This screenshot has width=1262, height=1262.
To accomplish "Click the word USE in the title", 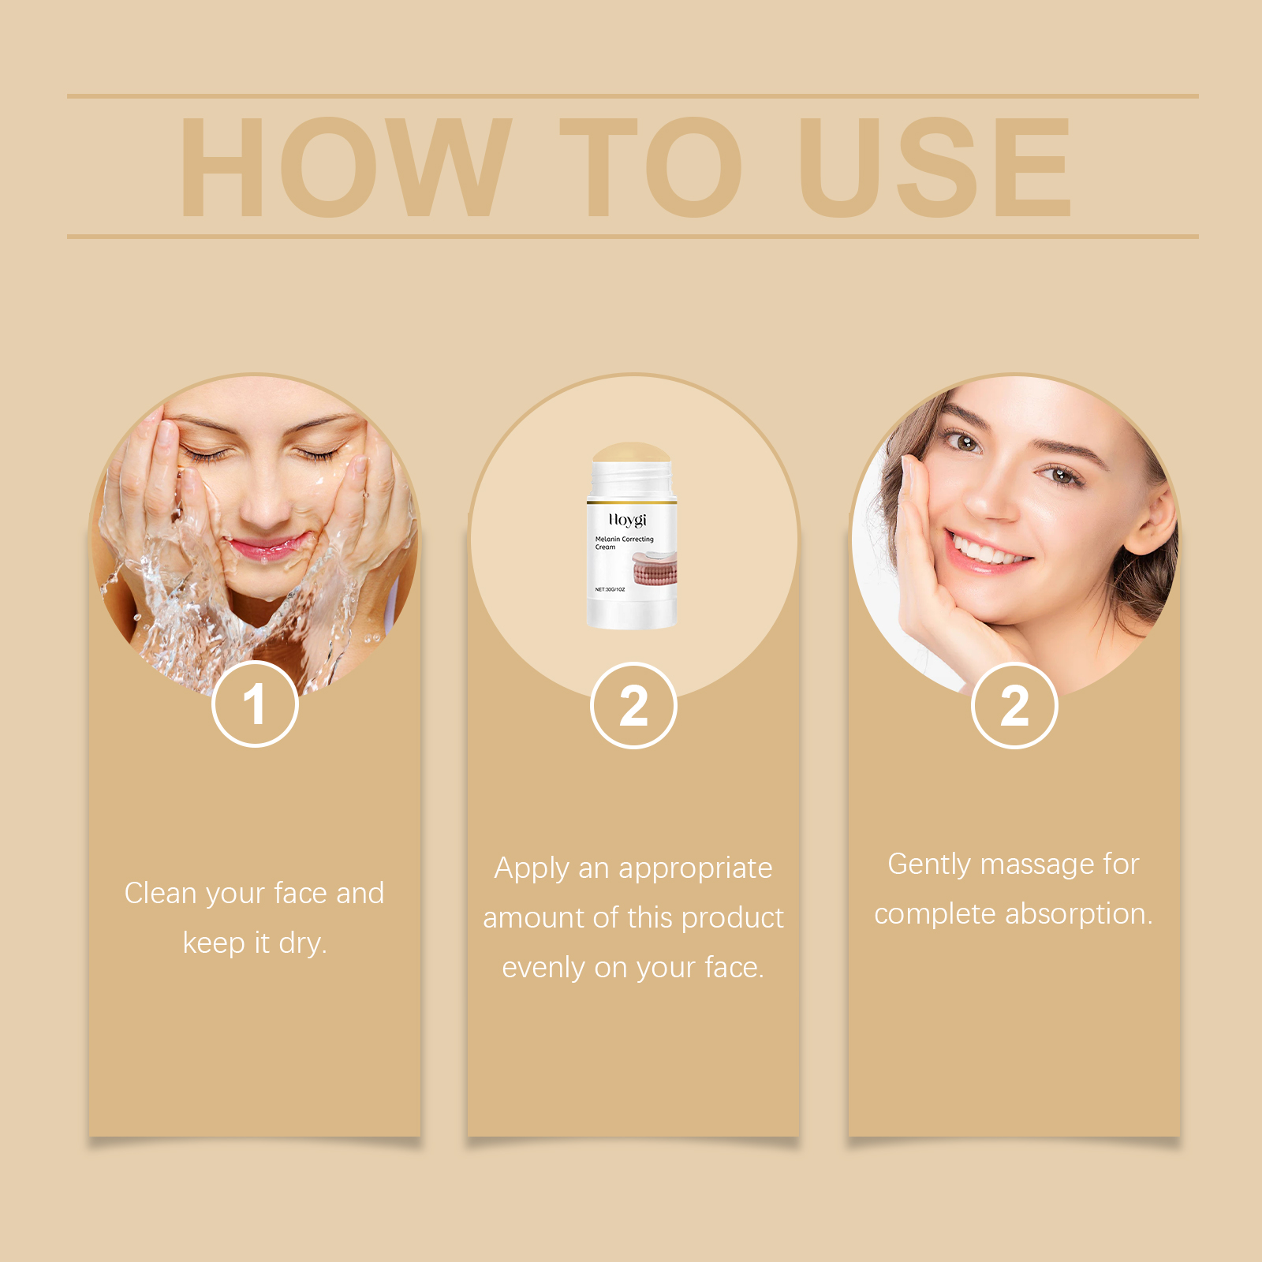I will click(935, 167).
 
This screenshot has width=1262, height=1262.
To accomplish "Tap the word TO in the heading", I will click(651, 167).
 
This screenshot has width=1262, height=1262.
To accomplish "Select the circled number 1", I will click(255, 704).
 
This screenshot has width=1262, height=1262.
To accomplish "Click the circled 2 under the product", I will click(633, 706).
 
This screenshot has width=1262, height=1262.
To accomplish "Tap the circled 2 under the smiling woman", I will click(1014, 706).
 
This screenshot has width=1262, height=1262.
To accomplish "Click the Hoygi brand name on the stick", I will click(628, 520).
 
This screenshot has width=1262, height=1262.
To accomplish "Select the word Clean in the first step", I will click(160, 894).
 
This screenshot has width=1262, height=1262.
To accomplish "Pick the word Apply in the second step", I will click(532, 869).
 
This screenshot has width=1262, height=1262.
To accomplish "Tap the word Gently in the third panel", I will click(928, 864).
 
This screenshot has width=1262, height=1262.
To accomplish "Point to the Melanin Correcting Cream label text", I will click(624, 543).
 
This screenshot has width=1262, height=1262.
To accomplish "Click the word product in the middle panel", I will click(732, 918).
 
